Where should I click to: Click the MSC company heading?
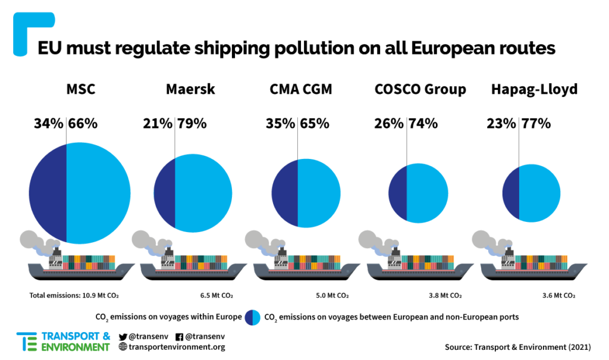click(80, 90)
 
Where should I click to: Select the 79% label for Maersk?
click(192, 124)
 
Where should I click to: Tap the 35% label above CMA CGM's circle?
click(281, 124)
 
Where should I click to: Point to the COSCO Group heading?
click(420, 90)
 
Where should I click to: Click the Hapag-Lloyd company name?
click(534, 90)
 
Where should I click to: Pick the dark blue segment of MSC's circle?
click(48, 193)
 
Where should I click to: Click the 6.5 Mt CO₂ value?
click(216, 295)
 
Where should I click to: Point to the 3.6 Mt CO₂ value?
click(558, 295)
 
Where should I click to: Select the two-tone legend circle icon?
click(252, 317)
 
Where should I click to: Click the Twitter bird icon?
click(123, 336)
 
